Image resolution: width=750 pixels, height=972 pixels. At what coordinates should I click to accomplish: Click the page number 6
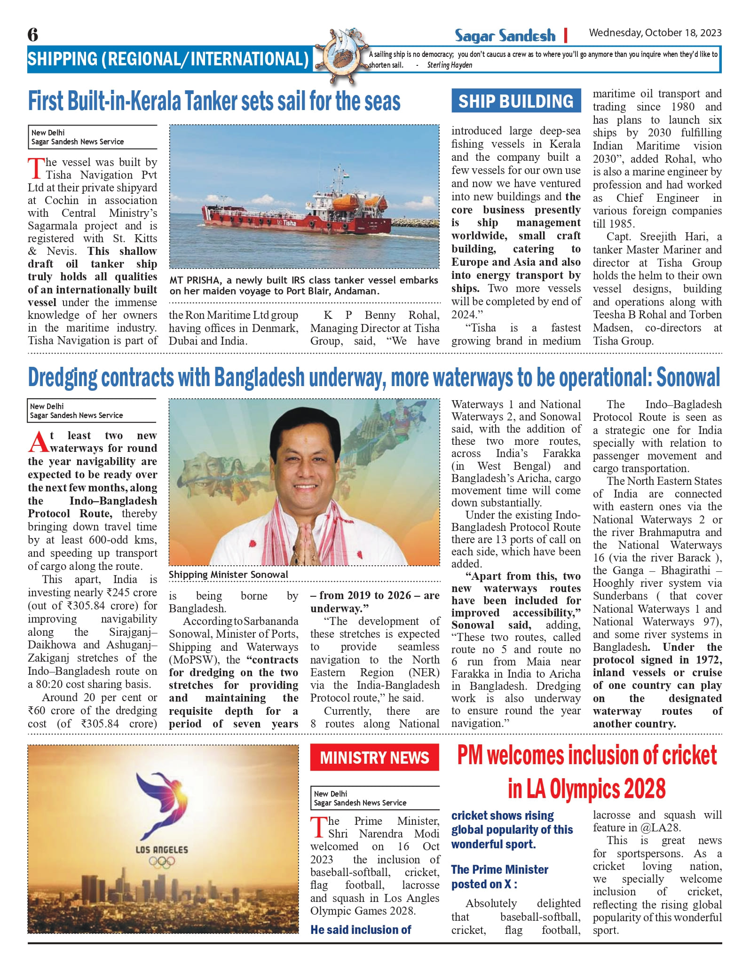coord(33,35)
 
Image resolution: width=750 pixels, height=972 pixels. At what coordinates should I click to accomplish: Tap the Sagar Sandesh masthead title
coord(505,35)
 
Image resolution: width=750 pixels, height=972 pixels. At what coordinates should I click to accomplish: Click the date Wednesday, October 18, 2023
coord(655,33)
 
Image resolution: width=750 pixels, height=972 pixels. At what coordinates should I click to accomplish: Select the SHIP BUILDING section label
coord(516,101)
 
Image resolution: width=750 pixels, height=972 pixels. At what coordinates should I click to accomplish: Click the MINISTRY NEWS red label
coord(374,758)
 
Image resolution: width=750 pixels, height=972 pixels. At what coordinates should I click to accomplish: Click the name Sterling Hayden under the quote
coord(450,65)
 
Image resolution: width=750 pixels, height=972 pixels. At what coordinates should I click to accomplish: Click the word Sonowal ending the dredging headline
coord(688,378)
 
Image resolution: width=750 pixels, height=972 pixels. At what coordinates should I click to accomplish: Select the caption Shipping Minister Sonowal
coord(229,575)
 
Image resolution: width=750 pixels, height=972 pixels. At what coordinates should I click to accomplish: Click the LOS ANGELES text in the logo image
coord(162,849)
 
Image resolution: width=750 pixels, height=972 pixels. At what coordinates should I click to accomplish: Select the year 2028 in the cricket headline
coord(645,789)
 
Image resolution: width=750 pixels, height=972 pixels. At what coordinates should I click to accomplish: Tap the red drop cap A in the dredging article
coord(39,442)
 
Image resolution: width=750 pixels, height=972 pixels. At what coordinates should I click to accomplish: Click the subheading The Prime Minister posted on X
coord(499,877)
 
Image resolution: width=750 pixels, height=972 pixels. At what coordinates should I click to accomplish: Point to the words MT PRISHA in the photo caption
coord(194,280)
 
